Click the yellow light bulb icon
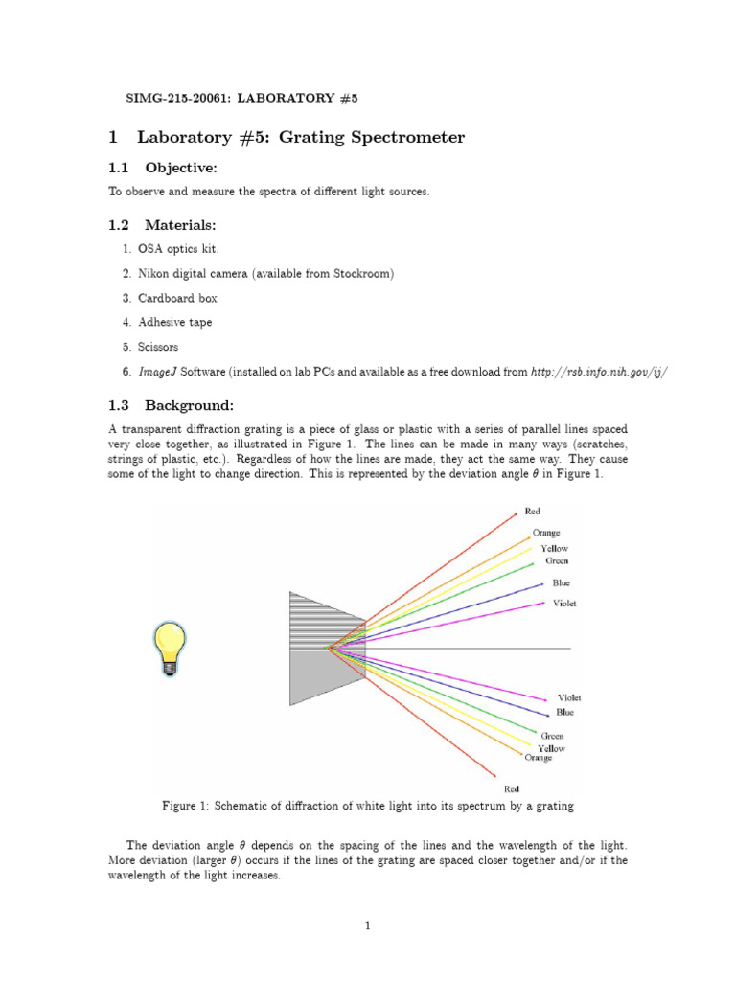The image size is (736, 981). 170,648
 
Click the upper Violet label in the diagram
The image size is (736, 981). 564,604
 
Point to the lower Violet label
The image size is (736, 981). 569,697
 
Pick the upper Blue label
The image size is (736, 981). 562,582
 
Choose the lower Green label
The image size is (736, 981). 552,736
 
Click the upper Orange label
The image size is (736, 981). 546,533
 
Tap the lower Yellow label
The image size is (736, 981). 551,748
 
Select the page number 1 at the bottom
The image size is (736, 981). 368,925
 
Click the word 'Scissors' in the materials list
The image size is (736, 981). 159,347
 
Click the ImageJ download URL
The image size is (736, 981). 598,372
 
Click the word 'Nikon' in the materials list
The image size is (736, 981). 155,273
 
